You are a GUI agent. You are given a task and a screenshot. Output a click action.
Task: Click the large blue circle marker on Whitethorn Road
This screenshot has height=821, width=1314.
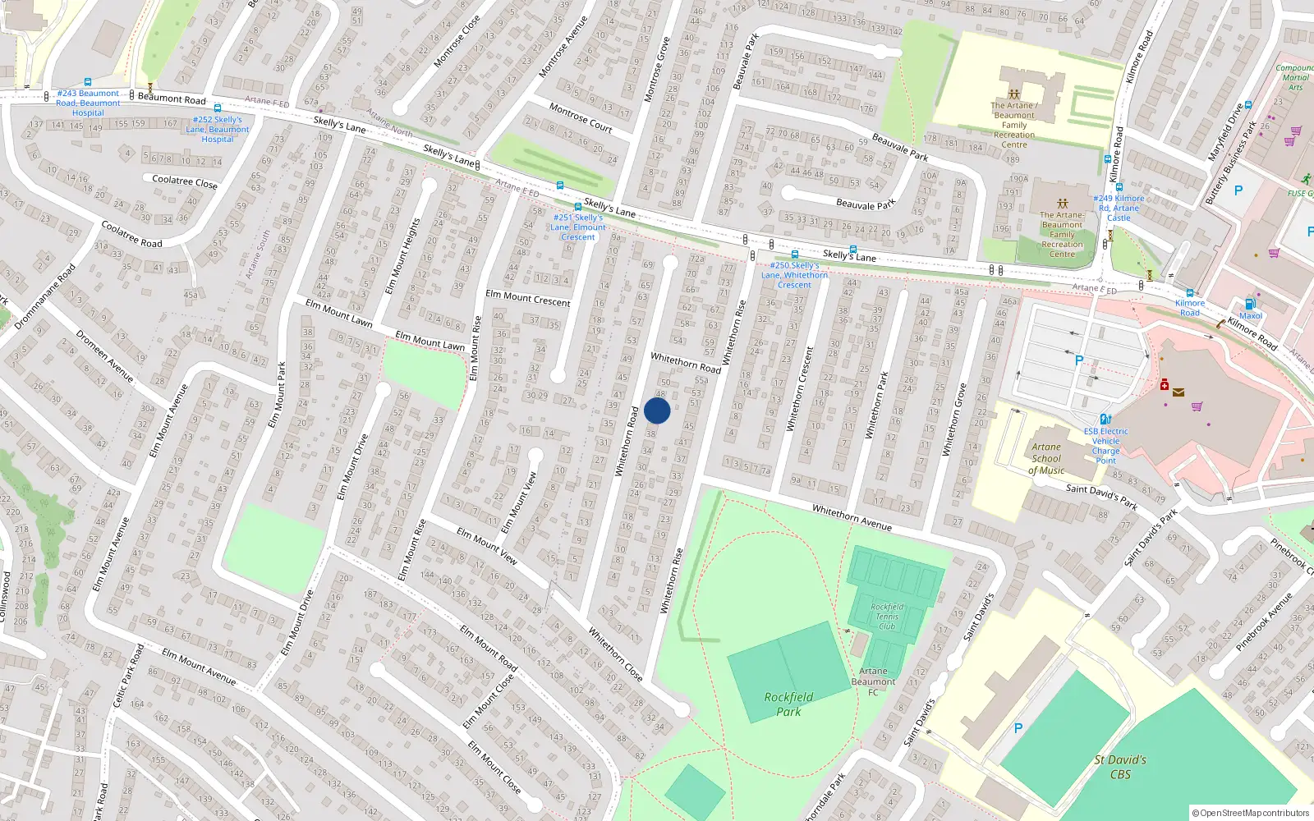(657, 410)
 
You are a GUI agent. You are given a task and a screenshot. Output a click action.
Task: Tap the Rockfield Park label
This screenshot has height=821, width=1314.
(788, 704)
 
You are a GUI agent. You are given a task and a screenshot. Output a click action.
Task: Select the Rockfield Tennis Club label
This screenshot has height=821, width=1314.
(887, 617)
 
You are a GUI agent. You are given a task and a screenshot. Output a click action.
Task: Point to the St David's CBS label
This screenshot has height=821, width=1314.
(1120, 767)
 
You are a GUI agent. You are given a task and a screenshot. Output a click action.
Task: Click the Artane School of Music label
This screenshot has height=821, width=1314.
(1046, 459)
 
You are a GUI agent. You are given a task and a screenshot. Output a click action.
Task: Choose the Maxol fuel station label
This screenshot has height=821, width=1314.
(1251, 315)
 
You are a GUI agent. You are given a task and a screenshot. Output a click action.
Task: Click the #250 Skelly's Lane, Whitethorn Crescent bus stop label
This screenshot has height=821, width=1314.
(794, 275)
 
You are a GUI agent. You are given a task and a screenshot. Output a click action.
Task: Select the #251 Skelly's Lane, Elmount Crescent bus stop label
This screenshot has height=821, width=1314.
(578, 227)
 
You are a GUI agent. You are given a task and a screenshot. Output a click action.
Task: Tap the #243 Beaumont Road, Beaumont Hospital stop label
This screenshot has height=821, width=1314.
(88, 103)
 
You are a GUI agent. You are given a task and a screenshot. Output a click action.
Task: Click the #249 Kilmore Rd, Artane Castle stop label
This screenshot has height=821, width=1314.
(1119, 208)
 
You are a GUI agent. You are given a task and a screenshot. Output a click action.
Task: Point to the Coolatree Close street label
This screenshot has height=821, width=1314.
(185, 181)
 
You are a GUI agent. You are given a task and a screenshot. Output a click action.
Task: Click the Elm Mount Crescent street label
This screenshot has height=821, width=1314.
(527, 298)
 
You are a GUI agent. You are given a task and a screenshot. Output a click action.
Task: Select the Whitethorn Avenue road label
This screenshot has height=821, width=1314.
(852, 517)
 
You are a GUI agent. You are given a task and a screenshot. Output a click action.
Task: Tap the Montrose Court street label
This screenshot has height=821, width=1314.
(581, 117)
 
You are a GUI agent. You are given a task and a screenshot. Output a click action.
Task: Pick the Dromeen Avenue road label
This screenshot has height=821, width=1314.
(104, 355)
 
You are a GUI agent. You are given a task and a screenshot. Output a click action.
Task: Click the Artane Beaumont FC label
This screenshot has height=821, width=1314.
(873, 681)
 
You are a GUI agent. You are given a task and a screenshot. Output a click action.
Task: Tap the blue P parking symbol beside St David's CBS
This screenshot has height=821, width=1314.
(1018, 728)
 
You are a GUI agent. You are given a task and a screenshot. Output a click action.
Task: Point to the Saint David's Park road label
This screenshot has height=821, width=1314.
(1101, 497)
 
